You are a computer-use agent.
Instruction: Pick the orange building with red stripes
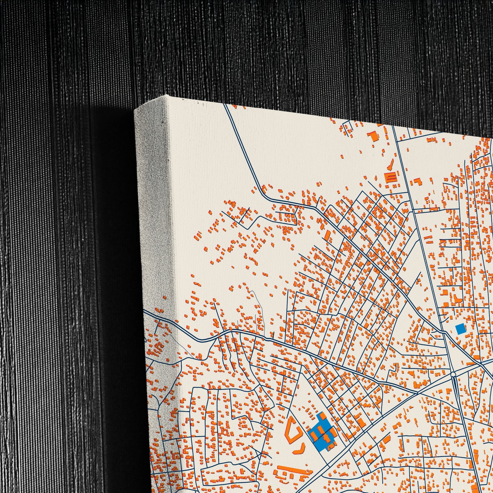click(390, 177)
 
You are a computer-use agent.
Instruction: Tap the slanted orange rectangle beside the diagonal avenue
click(327, 235)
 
